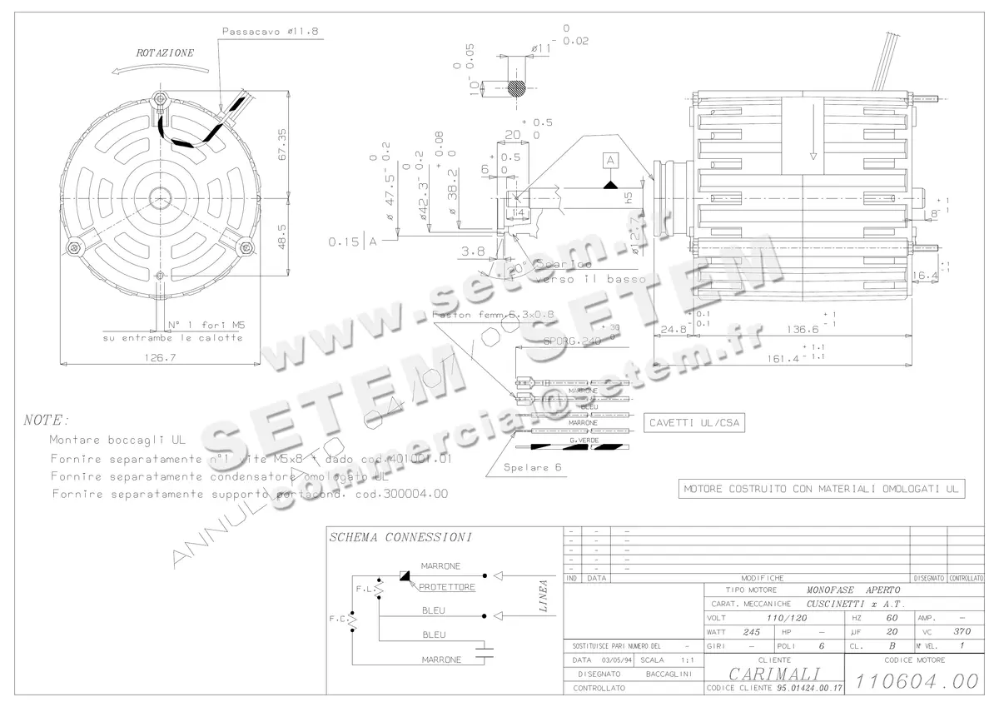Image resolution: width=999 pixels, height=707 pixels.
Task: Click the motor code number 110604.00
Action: pyautogui.click(x=918, y=681)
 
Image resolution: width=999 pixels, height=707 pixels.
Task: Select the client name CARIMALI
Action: pyautogui.click(x=774, y=674)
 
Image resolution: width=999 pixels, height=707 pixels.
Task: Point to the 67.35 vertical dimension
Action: pyautogui.click(x=281, y=144)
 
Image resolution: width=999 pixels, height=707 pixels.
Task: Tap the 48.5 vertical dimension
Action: pyautogui.click(x=281, y=235)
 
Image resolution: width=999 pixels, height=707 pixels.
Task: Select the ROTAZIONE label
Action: pyautogui.click(x=165, y=52)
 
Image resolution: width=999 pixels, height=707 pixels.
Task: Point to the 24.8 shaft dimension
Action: pyautogui.click(x=669, y=329)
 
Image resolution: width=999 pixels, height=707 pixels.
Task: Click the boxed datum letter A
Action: pyautogui.click(x=610, y=159)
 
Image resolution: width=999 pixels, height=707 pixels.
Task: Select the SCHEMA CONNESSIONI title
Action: pyautogui.click(x=401, y=537)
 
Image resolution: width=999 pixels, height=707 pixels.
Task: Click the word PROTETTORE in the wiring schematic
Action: pyautogui.click(x=446, y=587)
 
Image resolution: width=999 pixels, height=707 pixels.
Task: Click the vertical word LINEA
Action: pyautogui.click(x=543, y=596)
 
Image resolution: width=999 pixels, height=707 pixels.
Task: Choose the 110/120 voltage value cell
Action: pyautogui.click(x=788, y=619)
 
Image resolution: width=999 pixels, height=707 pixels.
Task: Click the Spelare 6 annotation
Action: pyautogui.click(x=533, y=467)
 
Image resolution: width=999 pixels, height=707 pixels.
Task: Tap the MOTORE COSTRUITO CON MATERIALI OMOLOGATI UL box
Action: pyautogui.click(x=822, y=489)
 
